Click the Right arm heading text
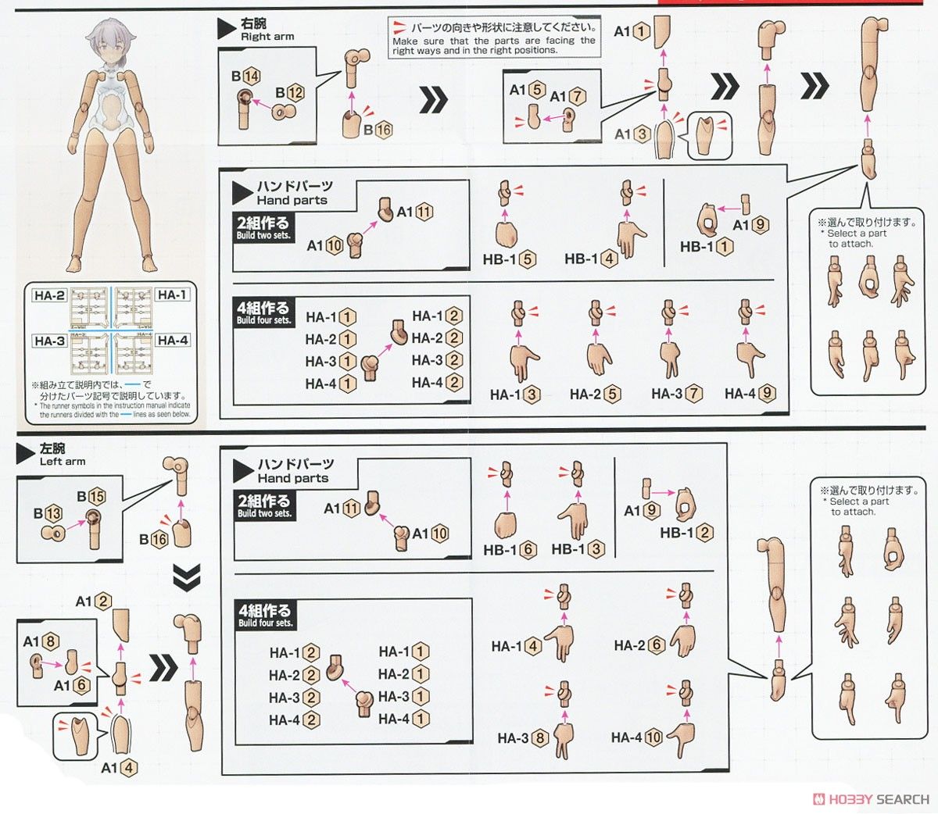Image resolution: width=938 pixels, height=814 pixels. pos(267,36)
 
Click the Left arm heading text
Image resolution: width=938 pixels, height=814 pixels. pos(63,461)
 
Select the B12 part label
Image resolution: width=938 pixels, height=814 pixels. pos(289,92)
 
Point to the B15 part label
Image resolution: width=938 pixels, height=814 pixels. pos(91,497)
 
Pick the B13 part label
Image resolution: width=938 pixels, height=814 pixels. pos(48,513)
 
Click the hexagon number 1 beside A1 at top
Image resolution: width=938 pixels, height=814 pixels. pos(641,32)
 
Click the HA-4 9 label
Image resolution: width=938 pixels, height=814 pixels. pos(750,394)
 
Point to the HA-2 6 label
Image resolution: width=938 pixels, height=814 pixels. pos(639,645)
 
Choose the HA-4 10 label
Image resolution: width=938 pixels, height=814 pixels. pos(637,737)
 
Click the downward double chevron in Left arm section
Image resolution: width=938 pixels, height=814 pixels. pos(187,577)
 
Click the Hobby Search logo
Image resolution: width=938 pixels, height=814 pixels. pos(871,799)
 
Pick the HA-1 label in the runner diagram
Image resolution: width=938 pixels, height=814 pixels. pos(172,295)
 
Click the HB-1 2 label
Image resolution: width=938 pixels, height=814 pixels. pos(687,533)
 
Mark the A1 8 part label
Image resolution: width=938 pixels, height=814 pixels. pos(41,641)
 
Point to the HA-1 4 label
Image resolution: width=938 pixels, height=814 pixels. pos(516,646)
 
